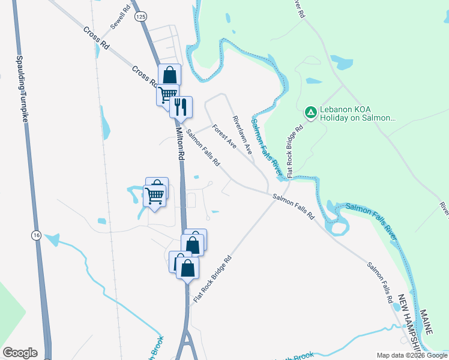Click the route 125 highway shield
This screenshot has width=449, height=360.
click(x=140, y=17)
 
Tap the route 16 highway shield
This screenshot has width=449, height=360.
click(x=37, y=236)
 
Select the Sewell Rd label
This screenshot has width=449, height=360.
click(x=121, y=19)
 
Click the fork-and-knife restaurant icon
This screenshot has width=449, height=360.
click(x=181, y=107)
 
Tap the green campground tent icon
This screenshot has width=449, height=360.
click(x=310, y=112)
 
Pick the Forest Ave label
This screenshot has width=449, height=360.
click(x=224, y=136)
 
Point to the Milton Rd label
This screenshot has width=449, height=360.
click(x=180, y=143)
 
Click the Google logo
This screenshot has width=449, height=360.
click(x=20, y=353)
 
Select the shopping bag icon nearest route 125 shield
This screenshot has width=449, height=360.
click(x=170, y=76)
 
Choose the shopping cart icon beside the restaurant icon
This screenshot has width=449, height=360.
click(x=167, y=94)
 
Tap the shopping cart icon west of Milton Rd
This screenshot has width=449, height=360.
click(x=155, y=195)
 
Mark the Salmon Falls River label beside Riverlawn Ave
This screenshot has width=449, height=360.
click(x=266, y=143)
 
